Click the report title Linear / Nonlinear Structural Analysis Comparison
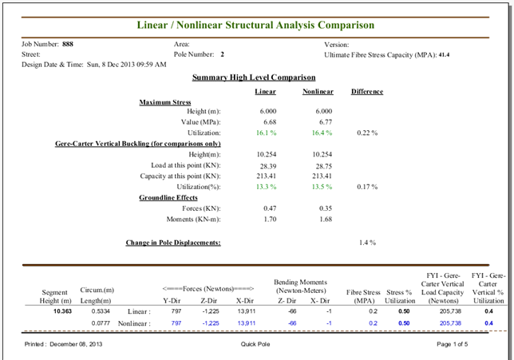point(255,26)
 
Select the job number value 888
point(68,44)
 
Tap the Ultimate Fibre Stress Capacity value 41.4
point(444,55)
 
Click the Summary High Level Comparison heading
point(254,77)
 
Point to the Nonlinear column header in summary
point(318,92)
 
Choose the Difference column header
point(367,92)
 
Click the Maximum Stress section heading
point(165,102)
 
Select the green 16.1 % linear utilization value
point(266,133)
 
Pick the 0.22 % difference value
point(367,133)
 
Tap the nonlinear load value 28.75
point(324,166)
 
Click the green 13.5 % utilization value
point(322,187)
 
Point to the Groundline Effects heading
point(168,198)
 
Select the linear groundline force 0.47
point(270,208)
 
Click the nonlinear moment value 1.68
point(326,219)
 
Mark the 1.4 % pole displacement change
point(367,243)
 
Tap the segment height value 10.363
point(62,311)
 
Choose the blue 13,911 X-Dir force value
point(246,323)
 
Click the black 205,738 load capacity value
point(450,311)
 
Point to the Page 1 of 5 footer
point(452,344)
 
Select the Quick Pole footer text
point(255,344)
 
